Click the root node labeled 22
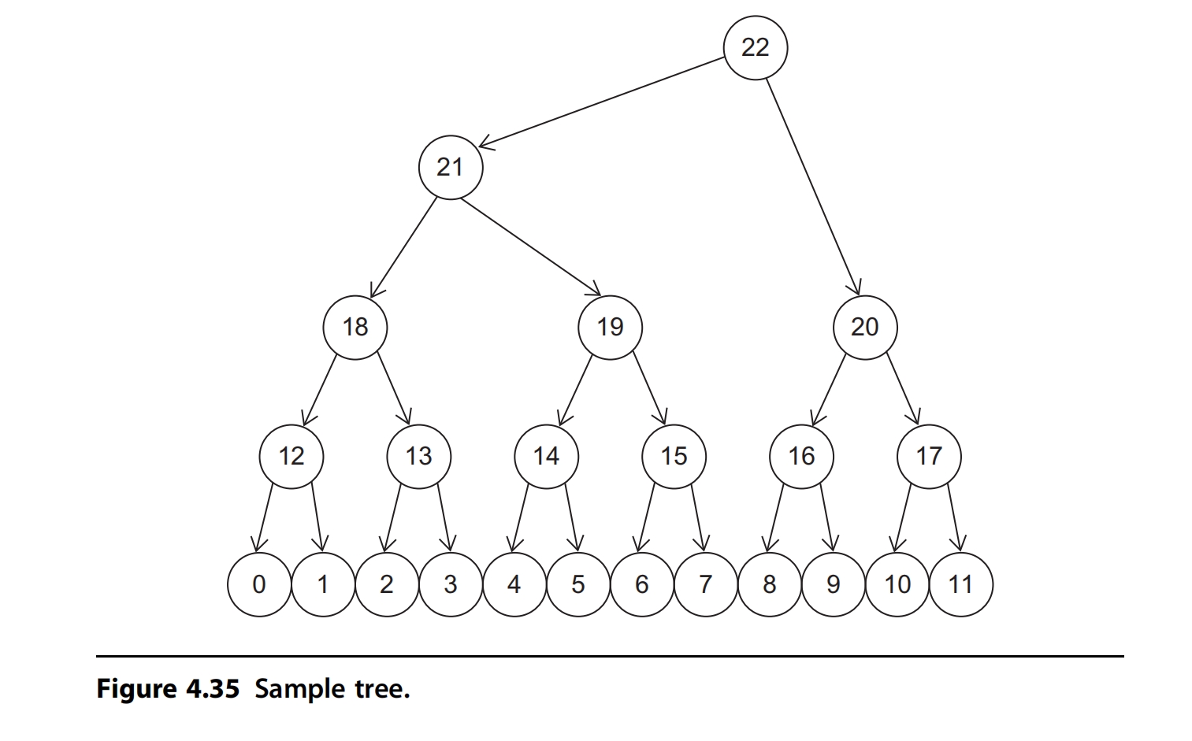coord(755,47)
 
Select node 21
coord(450,167)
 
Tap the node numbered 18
coord(355,327)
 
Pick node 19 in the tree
coord(610,327)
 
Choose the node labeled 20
coord(865,327)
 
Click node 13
coord(418,456)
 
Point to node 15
coord(674,456)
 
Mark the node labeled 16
coord(801,456)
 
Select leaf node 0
coord(258,584)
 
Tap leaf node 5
coord(577,584)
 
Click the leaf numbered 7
coord(705,584)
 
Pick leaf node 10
coord(897,584)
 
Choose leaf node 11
coord(960,584)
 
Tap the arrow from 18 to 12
coord(320,390)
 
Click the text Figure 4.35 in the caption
coord(167,689)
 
